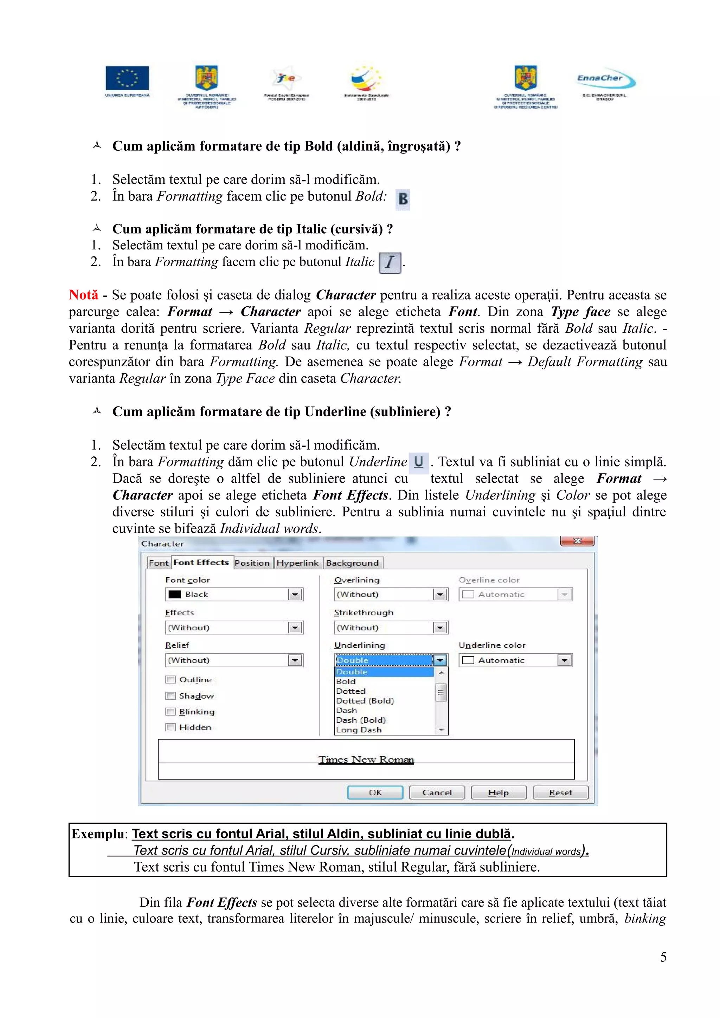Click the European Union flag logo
pyautogui.click(x=127, y=78)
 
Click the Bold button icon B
pyautogui.click(x=403, y=199)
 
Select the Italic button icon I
pyautogui.click(x=390, y=262)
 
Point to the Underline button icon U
pyautogui.click(x=418, y=462)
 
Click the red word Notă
pyautogui.click(x=83, y=295)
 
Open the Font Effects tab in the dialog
pyautogui.click(x=201, y=562)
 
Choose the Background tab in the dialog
pyautogui.click(x=352, y=563)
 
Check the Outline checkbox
pyautogui.click(x=171, y=679)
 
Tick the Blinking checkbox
pyautogui.click(x=171, y=712)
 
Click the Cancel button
pyautogui.click(x=437, y=792)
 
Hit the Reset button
pyautogui.click(x=560, y=792)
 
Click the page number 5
pyautogui.click(x=663, y=957)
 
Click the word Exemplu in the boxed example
pyautogui.click(x=98, y=834)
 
